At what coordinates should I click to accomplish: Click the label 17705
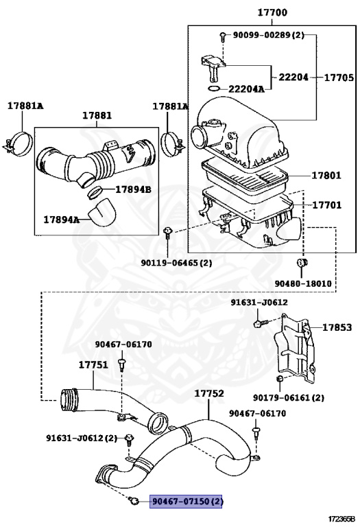tap(339, 78)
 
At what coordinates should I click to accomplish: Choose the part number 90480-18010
tap(303, 283)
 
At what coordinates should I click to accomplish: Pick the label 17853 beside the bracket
tap(337, 327)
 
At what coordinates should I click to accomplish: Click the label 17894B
tap(132, 189)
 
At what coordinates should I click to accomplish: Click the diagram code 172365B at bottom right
tap(341, 519)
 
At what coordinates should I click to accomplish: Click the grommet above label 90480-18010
tap(300, 263)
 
